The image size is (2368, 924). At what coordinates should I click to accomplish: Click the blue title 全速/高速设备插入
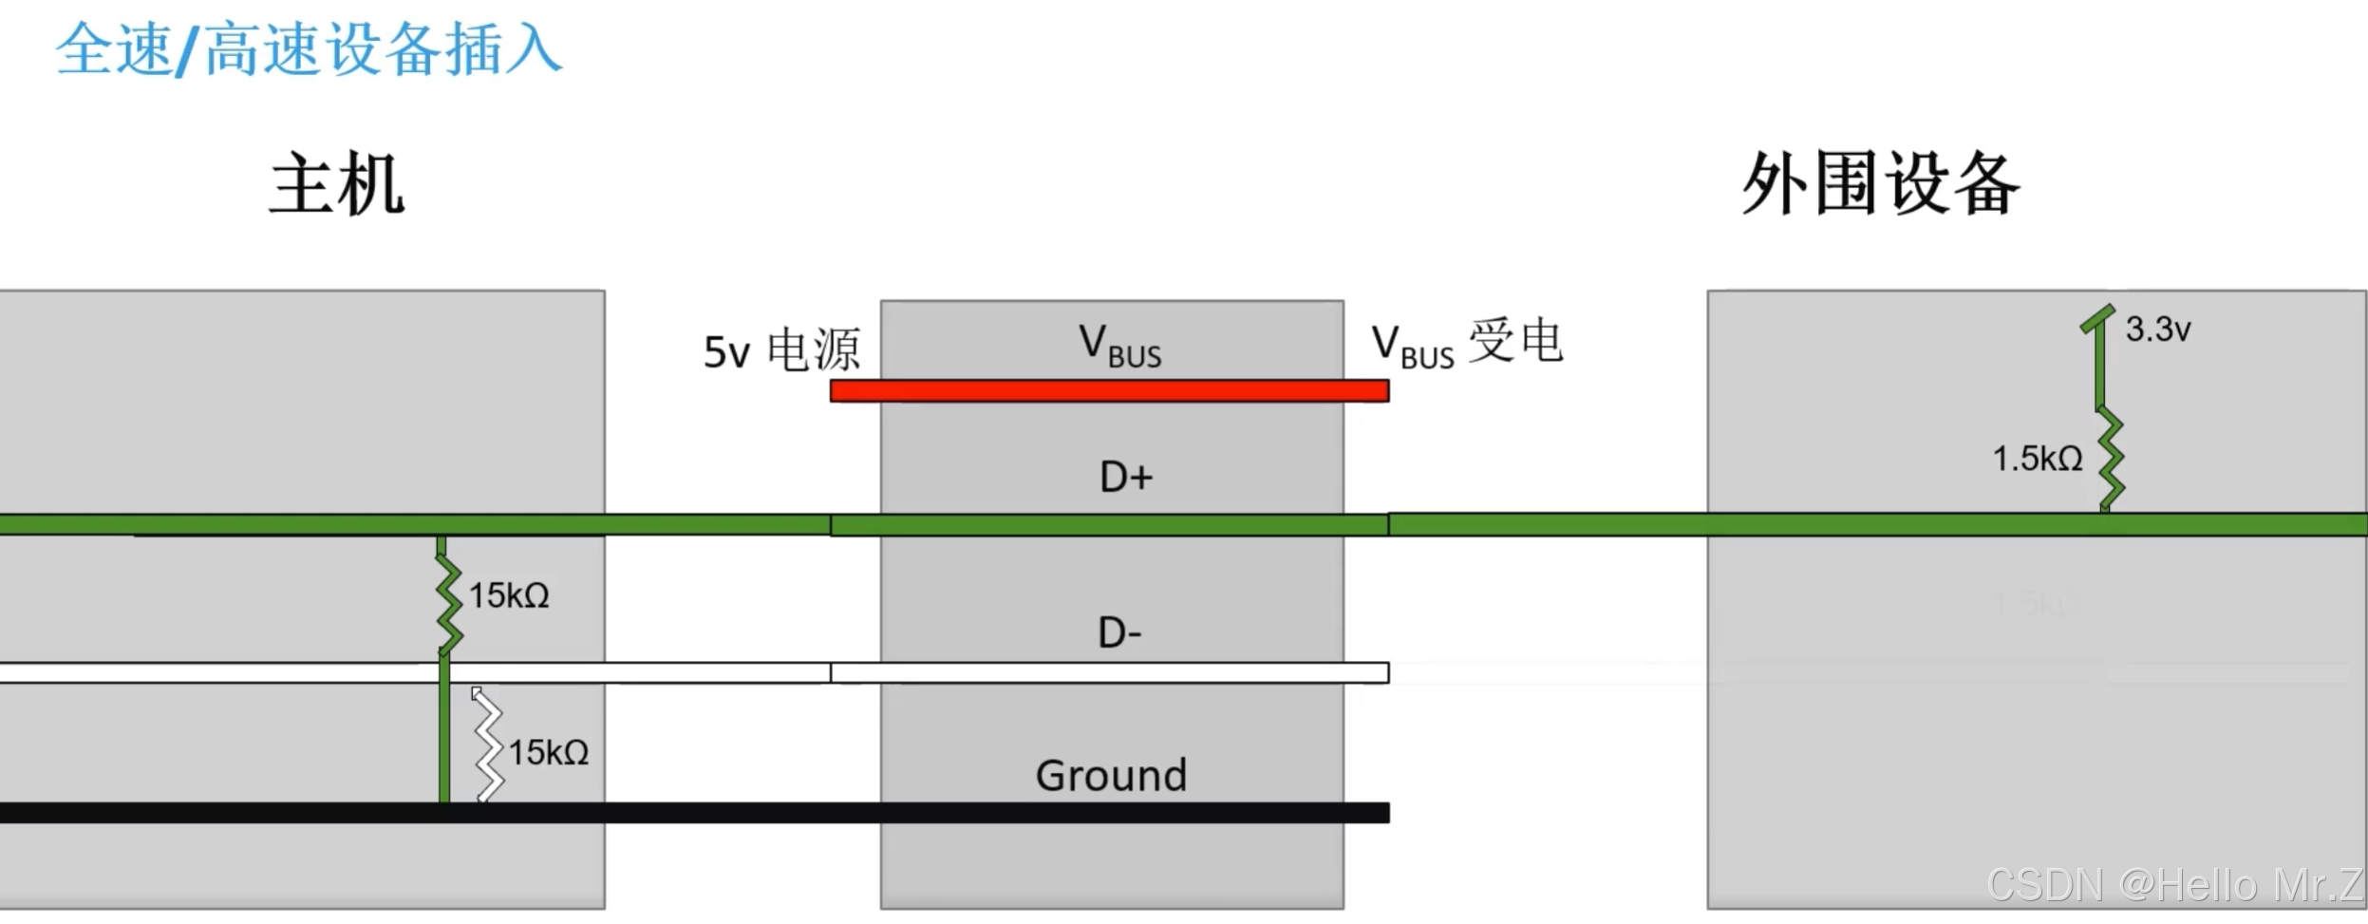309,49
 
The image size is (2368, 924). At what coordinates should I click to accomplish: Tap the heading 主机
337,183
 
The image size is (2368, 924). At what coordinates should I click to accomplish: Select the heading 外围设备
1880,183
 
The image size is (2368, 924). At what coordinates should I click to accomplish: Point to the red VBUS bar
1109,390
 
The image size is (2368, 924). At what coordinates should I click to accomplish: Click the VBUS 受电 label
1466,343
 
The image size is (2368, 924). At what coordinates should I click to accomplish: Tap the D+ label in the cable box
1126,477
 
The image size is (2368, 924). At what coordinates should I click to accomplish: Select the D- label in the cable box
1119,632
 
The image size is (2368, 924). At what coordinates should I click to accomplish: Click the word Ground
1111,775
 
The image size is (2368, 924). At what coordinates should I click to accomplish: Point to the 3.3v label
2157,330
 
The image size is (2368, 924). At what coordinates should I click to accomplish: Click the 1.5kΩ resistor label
2037,459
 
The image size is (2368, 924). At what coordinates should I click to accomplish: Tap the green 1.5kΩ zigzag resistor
2110,459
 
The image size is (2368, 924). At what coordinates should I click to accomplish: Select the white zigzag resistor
488,747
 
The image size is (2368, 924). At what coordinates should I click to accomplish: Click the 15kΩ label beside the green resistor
509,595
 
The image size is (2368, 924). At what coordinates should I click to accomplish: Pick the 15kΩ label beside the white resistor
549,752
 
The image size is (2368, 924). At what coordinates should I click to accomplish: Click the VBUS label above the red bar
1119,345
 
